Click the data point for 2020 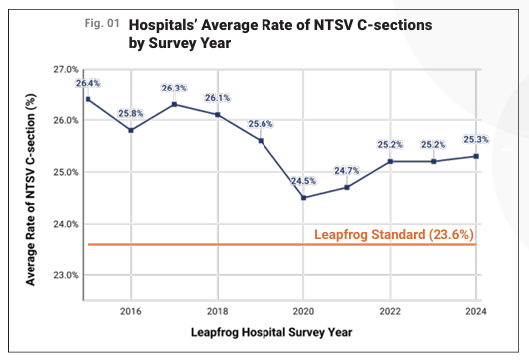click(x=303, y=197)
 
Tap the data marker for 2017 click(x=174, y=104)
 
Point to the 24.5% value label click(x=303, y=180)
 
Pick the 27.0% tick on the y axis click(x=66, y=69)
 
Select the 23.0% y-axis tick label click(x=66, y=275)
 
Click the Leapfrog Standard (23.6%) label click(x=393, y=235)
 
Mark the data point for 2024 click(x=475, y=156)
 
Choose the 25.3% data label click(x=475, y=139)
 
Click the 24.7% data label click(x=346, y=170)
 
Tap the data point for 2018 click(x=217, y=115)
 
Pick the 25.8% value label click(x=131, y=113)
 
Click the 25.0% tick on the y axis click(x=66, y=172)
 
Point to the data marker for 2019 click(x=261, y=140)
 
